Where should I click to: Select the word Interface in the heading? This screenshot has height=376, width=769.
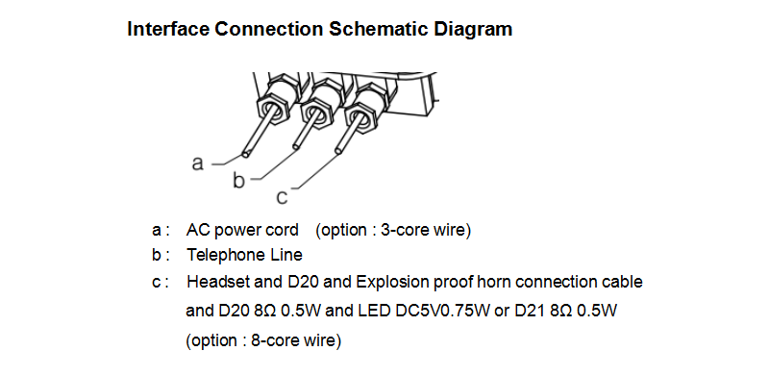click(166, 29)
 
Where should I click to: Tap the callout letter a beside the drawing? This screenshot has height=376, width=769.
click(198, 163)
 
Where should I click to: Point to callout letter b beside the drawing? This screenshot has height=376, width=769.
click(239, 180)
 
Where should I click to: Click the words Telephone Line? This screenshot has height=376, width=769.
click(244, 256)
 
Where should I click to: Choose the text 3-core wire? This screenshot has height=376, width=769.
click(424, 231)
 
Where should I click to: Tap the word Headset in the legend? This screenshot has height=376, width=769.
click(215, 283)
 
